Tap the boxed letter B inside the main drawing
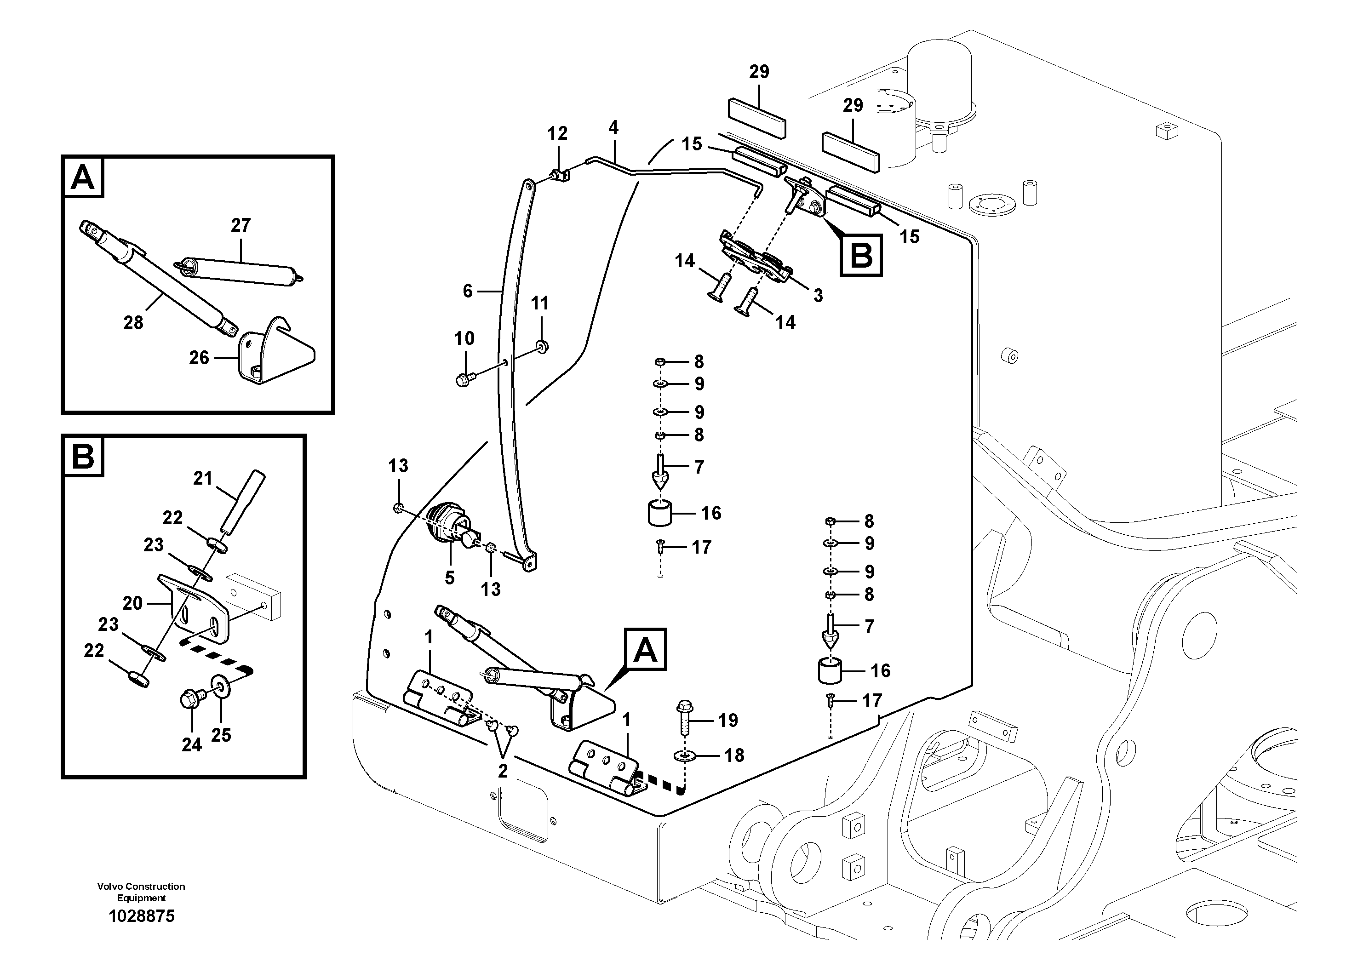861,257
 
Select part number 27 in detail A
241,225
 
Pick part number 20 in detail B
132,603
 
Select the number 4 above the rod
613,127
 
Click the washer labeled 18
684,756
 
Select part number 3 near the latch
818,295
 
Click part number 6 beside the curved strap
468,291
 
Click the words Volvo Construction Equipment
141,892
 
